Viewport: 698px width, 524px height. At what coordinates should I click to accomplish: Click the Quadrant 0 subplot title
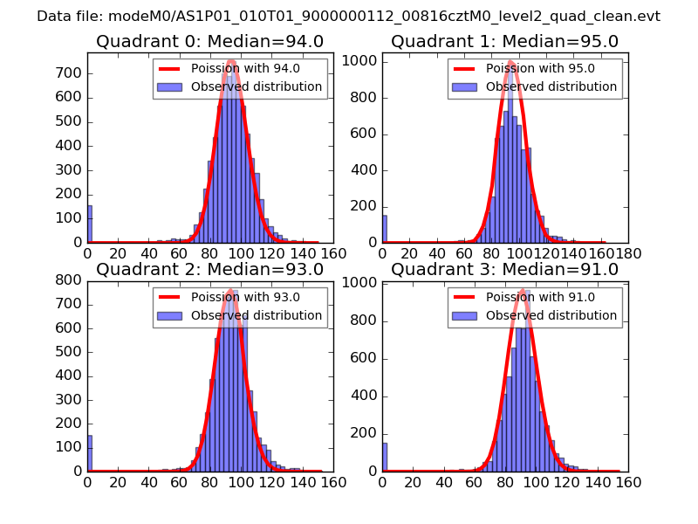(x=209, y=41)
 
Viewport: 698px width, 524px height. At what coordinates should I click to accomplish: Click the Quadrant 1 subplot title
(x=504, y=41)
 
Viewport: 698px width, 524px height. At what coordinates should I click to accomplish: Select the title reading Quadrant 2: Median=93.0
(x=209, y=269)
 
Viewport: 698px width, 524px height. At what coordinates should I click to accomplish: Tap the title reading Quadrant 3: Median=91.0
(x=504, y=269)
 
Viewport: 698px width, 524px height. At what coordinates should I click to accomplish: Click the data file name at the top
(x=348, y=17)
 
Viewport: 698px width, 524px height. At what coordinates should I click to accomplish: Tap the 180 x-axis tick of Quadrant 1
(x=627, y=253)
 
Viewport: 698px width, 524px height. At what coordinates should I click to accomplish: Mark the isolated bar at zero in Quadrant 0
(x=90, y=224)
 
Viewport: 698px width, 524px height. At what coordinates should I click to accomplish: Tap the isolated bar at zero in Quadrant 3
(x=385, y=457)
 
